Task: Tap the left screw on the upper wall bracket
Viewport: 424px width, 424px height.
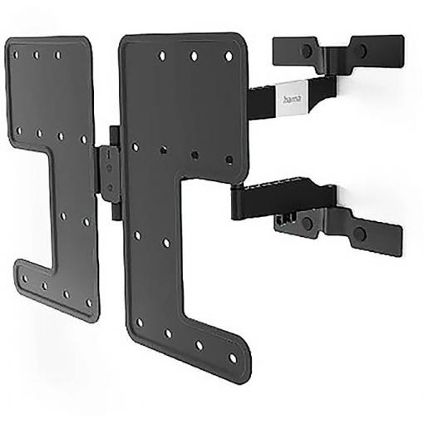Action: tap(306, 51)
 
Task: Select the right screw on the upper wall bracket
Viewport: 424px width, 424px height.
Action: tap(362, 50)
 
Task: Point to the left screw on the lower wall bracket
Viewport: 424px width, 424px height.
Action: tap(307, 222)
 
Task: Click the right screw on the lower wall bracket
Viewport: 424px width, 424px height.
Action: tap(360, 234)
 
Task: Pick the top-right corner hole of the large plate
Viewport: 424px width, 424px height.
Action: tap(229, 57)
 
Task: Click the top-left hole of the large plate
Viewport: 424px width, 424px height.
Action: tap(162, 55)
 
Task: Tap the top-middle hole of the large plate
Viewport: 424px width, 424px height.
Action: tap(195, 56)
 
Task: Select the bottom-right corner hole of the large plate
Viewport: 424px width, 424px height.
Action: tap(233, 358)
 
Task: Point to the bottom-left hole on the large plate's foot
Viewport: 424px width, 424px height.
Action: tap(140, 323)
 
